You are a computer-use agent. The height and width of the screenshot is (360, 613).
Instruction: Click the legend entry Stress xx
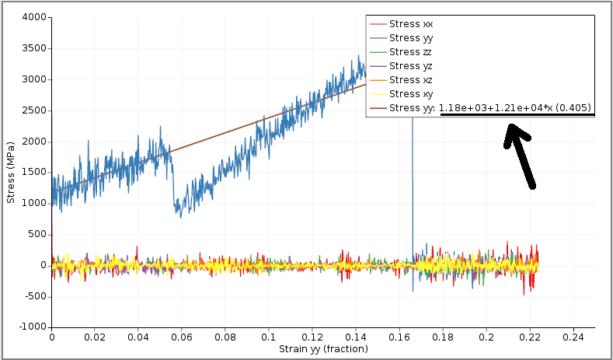411,24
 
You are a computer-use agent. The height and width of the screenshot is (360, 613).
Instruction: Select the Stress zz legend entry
410,52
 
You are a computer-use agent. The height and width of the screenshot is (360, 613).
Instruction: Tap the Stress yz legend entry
410,66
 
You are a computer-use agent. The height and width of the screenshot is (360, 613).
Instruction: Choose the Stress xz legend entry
410,80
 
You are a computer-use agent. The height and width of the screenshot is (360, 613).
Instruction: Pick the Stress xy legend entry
410,94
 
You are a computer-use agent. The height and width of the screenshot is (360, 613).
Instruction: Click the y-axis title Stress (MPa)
11,172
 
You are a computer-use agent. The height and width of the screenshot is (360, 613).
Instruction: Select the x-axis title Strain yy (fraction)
323,349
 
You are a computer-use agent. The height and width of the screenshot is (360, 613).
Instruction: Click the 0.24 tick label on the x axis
573,338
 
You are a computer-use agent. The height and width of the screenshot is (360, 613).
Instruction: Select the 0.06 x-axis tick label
182,338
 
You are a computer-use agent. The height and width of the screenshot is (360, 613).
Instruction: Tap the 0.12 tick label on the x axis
312,338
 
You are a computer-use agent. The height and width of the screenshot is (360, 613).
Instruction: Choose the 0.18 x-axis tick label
443,338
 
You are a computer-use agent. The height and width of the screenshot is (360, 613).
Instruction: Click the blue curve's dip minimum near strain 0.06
181,216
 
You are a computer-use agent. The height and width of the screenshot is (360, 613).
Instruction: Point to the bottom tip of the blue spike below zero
413,291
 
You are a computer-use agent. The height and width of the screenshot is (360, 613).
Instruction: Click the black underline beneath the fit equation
517,115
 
